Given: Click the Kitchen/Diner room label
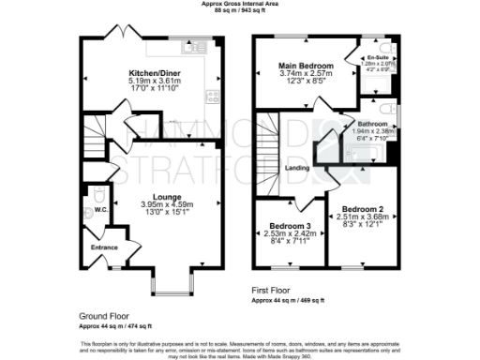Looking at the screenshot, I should (x=153, y=71).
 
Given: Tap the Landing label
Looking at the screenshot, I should (x=297, y=168).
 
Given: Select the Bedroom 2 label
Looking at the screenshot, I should (x=363, y=208).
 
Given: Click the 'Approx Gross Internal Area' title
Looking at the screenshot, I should (x=240, y=5).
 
